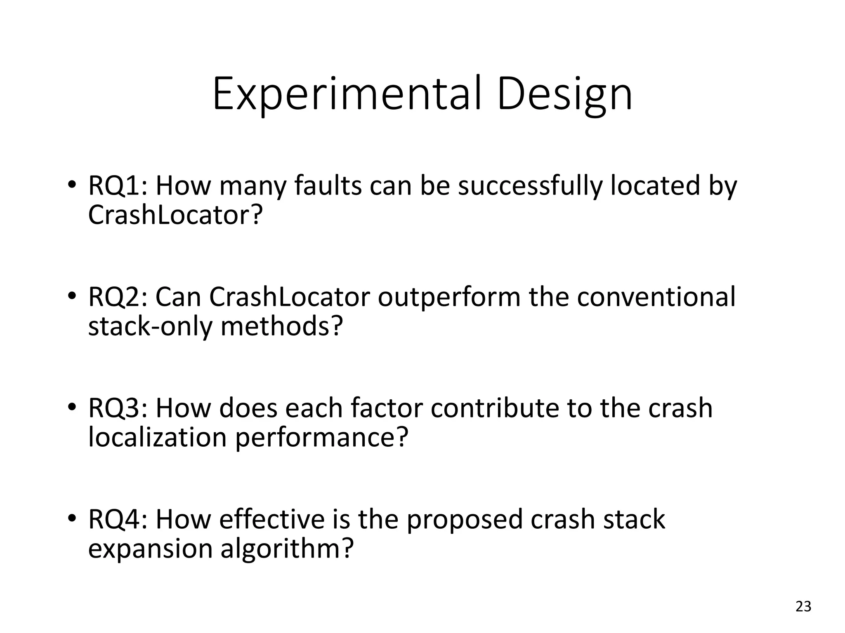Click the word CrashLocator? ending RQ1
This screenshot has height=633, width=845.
click(x=175, y=215)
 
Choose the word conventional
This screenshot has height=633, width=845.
click(x=656, y=297)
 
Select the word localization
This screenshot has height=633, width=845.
click(x=157, y=438)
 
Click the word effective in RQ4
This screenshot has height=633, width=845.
click(x=272, y=520)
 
